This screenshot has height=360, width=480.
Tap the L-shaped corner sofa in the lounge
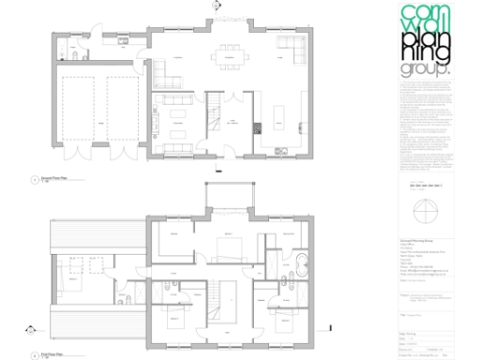291,52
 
